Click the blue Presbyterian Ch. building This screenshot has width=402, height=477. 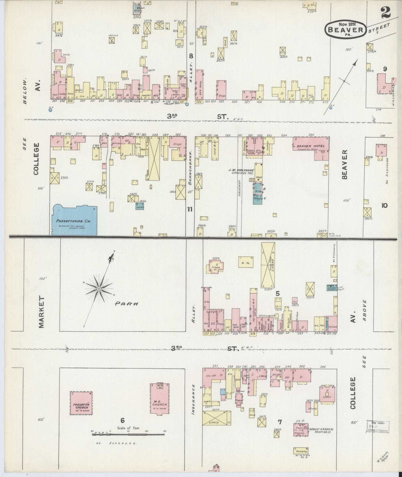click(75, 221)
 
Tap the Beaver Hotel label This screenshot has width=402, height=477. click(310, 146)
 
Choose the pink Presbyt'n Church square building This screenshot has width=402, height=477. click(81, 403)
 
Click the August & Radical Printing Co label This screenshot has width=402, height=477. click(321, 431)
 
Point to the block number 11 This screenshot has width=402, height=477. click(190, 209)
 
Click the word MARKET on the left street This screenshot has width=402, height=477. click(42, 312)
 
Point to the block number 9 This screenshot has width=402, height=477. click(385, 69)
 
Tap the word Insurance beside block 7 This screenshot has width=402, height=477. click(194, 399)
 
